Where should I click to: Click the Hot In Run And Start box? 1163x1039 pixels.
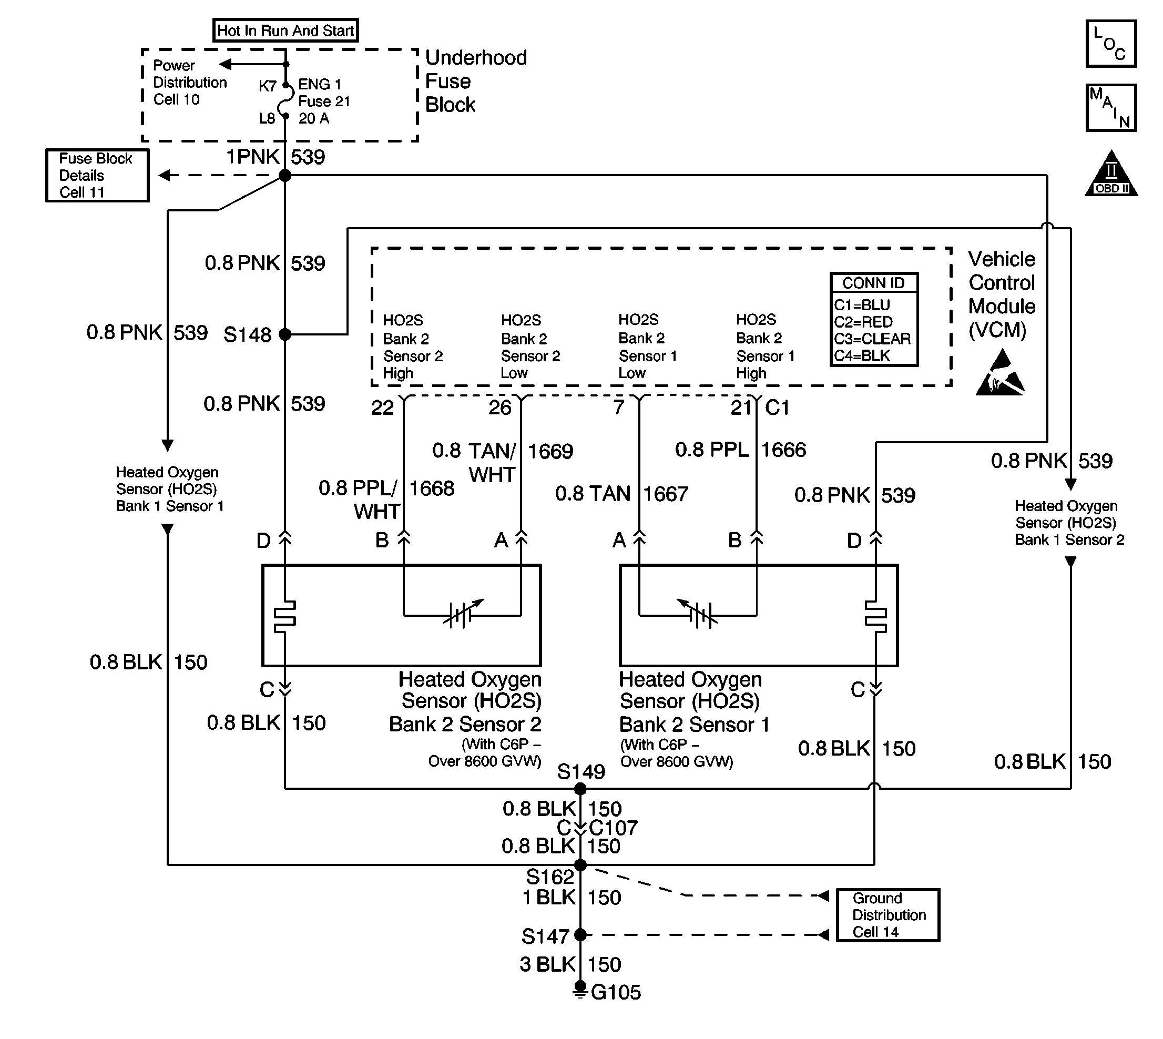coord(285,30)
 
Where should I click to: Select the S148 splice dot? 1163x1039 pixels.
coord(285,334)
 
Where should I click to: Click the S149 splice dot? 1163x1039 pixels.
coord(580,789)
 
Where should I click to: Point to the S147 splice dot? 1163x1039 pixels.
coord(580,935)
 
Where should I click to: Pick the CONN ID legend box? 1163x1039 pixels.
coord(873,319)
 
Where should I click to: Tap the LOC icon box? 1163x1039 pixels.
coord(1111,44)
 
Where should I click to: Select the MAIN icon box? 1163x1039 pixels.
coord(1111,108)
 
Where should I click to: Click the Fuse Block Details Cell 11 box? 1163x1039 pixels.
coord(97,175)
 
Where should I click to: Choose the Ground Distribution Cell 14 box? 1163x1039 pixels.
coord(888,915)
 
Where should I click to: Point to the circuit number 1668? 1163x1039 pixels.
coord(432,488)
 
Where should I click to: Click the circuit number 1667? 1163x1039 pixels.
coord(666,494)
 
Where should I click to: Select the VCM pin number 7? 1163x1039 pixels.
coord(619,407)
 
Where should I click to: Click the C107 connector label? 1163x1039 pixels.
coord(613,828)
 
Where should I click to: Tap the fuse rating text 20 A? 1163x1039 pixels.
coord(314,119)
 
